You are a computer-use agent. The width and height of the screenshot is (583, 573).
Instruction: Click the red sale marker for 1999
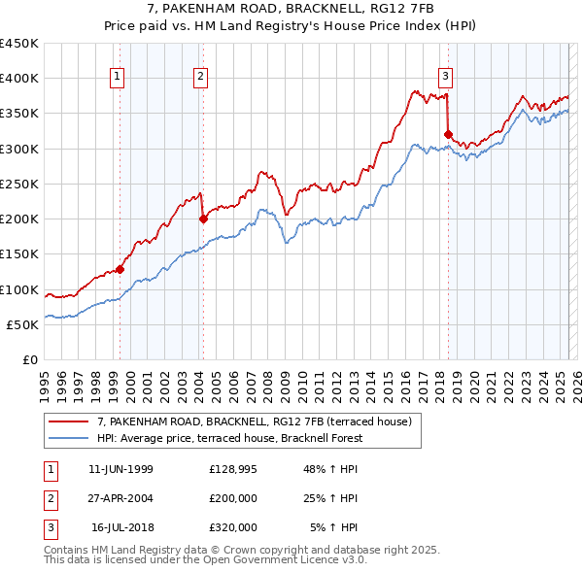pyautogui.click(x=120, y=269)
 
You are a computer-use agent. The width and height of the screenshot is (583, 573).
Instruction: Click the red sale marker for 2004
pyautogui.click(x=204, y=219)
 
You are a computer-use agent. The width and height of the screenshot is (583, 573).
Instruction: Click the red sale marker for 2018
pyautogui.click(x=448, y=134)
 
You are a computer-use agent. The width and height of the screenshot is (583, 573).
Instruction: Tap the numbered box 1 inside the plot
pyautogui.click(x=117, y=77)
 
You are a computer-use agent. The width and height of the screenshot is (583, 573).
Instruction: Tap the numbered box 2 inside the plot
pyautogui.click(x=200, y=77)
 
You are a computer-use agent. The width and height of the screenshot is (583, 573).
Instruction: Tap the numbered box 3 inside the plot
pyautogui.click(x=445, y=77)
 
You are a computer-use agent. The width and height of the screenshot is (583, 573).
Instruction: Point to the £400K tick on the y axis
pyautogui.click(x=19, y=79)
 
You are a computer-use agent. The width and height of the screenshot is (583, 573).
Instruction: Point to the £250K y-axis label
pyautogui.click(x=19, y=184)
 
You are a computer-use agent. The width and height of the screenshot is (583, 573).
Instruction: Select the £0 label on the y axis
pyautogui.click(x=31, y=359)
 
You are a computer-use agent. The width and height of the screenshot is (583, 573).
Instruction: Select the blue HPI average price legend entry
pyautogui.click(x=228, y=438)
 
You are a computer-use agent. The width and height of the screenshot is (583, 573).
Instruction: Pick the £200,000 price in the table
pyautogui.click(x=233, y=498)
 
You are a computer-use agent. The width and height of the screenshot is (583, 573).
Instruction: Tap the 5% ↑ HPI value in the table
pyautogui.click(x=333, y=527)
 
